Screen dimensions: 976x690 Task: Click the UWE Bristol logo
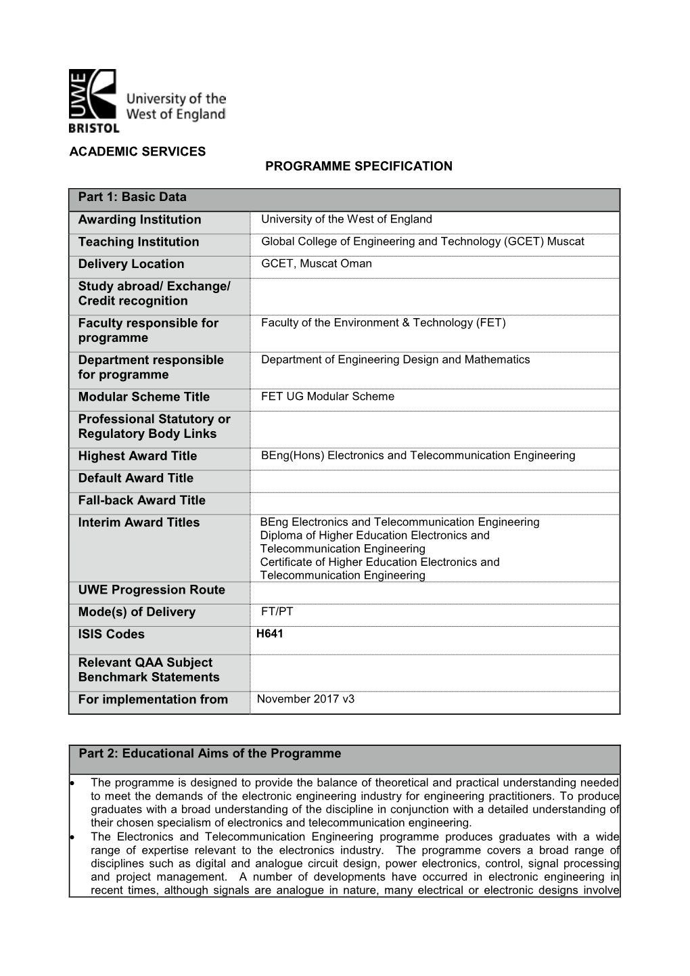click(x=147, y=100)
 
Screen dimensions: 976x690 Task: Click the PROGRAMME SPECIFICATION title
click(x=359, y=167)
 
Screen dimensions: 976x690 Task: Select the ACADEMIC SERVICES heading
click(x=137, y=152)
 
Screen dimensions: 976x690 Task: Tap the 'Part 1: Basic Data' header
click(x=133, y=198)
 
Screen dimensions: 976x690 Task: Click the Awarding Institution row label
click(x=139, y=220)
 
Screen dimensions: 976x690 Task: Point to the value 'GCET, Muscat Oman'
click(x=317, y=264)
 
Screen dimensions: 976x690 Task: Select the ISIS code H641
click(x=270, y=634)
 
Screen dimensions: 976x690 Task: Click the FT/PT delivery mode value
click(x=277, y=612)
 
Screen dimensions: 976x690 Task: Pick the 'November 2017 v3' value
click(x=306, y=699)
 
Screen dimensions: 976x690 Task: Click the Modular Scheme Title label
click(x=143, y=397)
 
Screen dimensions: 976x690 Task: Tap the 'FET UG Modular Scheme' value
click(x=327, y=397)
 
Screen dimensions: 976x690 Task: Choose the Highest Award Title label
click(x=137, y=456)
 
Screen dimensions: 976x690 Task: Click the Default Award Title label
click(x=135, y=479)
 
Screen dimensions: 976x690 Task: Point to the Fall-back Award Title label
click(x=141, y=501)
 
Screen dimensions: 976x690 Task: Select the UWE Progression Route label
click(x=152, y=590)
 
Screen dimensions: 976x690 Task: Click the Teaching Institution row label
click(x=139, y=242)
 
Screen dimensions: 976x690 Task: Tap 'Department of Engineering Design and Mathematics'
click(x=395, y=360)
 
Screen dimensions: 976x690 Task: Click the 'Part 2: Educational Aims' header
click(x=210, y=754)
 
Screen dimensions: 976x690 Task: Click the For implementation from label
click(x=153, y=700)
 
